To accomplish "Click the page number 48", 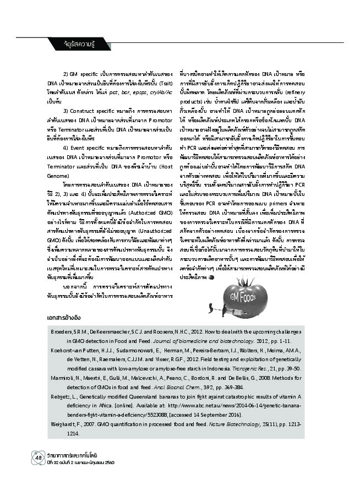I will [24, 458].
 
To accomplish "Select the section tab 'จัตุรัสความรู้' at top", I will [71, 42].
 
